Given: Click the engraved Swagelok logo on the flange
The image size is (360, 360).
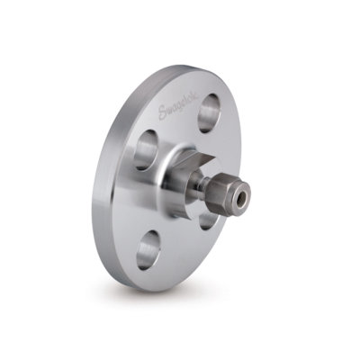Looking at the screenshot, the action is point(178,111).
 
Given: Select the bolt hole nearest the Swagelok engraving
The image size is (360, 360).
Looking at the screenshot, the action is point(210,113).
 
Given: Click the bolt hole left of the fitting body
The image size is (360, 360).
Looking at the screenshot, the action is point(146,150).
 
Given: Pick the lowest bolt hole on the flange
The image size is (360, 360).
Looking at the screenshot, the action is point(148,250).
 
